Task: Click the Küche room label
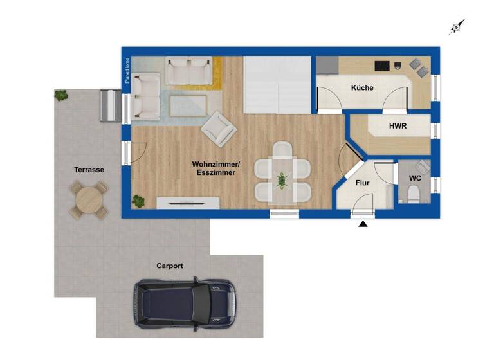[362, 88]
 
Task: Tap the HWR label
[398, 126]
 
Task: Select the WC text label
[415, 177]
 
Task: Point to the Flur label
[362, 183]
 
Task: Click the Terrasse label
[89, 170]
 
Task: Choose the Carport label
[170, 265]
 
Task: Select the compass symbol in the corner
[456, 26]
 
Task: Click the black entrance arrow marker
[363, 224]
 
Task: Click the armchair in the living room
[219, 128]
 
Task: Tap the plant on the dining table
[282, 179]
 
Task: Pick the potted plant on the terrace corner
[61, 95]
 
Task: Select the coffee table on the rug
[188, 105]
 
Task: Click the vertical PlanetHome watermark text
[127, 71]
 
